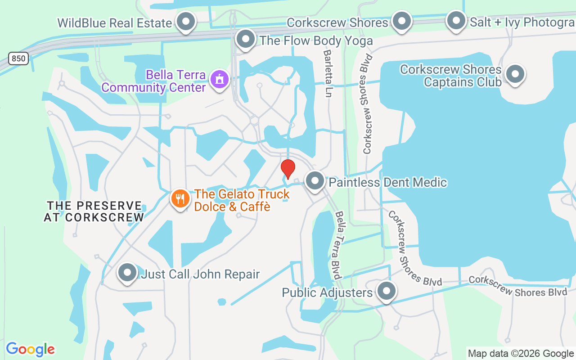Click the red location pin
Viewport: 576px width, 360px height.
click(x=288, y=169)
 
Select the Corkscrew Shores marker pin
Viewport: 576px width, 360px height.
click(x=401, y=21)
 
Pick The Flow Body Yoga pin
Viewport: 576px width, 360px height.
click(x=246, y=40)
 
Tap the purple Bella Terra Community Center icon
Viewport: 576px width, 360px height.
click(x=220, y=80)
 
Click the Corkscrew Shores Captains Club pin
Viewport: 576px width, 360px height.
click(x=515, y=74)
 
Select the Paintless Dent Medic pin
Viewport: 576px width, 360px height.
click(x=315, y=181)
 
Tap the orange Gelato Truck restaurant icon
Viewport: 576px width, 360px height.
click(x=180, y=198)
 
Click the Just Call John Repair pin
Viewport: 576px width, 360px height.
click(x=127, y=273)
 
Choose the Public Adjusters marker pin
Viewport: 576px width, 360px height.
click(x=386, y=291)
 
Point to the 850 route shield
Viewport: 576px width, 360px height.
click(x=18, y=58)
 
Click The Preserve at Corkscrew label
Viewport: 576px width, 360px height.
click(x=94, y=211)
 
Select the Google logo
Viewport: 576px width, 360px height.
click(x=30, y=349)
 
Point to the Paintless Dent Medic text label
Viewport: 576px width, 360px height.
click(x=388, y=182)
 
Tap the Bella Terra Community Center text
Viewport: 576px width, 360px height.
click(x=153, y=81)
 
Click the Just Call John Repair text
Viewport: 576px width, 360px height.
click(x=200, y=274)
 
